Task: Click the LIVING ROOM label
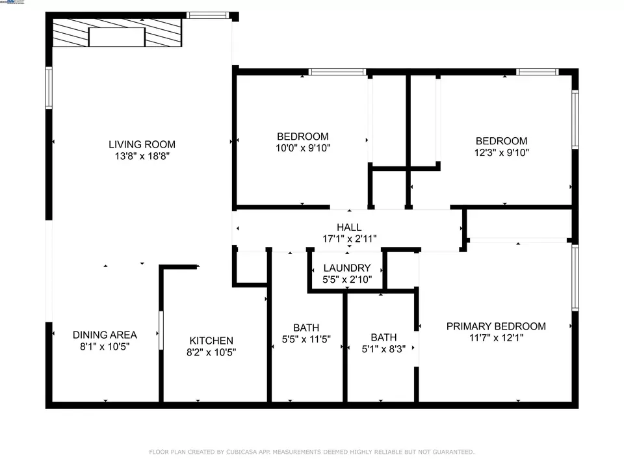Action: coord(142,144)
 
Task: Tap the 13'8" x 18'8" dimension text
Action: coord(142,156)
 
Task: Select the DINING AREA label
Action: coord(105,335)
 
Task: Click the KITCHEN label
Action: coord(211,341)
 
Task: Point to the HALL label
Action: coord(349,227)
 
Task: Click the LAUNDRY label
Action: coord(346,268)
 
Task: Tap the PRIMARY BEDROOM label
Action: coord(496,326)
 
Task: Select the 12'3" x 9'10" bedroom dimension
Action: coord(501,153)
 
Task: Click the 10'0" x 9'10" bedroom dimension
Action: coord(302,148)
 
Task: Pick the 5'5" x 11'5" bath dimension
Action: coord(306,339)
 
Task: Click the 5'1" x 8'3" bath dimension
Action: coord(383,348)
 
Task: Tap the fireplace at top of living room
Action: coord(117,33)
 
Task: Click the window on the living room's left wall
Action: coord(49,88)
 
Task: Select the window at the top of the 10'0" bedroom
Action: coord(337,72)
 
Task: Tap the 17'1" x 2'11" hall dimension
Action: coord(349,239)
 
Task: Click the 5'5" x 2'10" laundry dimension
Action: coord(346,279)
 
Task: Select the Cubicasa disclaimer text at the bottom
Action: coord(312,452)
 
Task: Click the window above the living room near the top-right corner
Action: coord(208,15)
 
